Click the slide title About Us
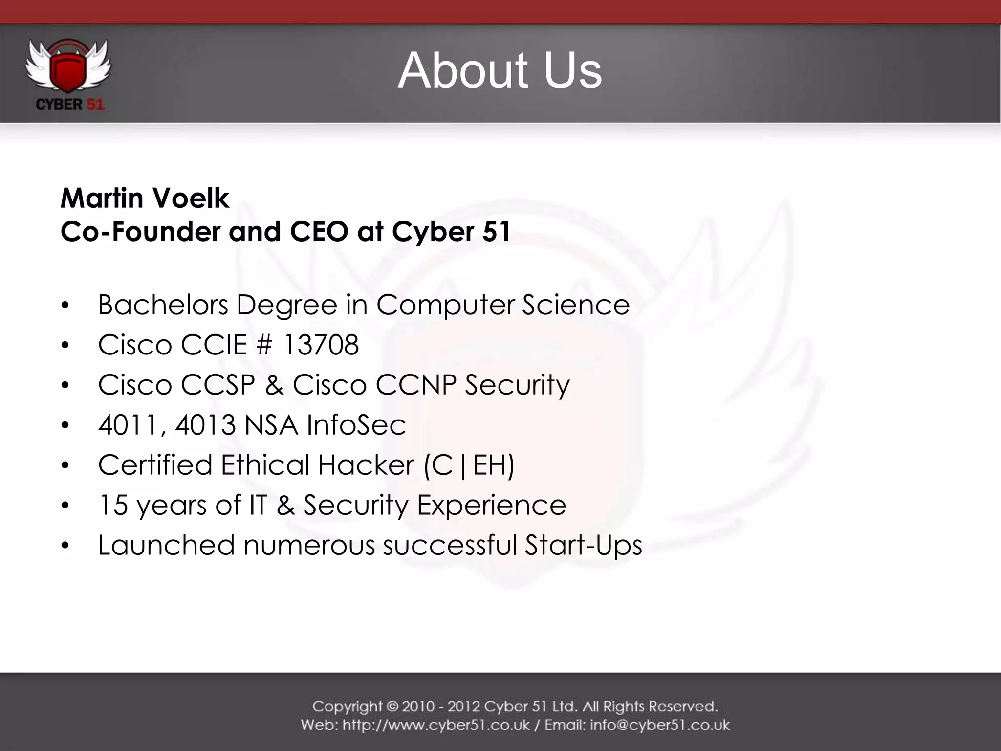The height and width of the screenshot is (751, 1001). pos(500,71)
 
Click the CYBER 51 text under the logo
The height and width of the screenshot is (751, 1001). pos(70,105)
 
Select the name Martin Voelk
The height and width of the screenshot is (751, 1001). pos(145,199)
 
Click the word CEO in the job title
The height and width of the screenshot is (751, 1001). pos(319,231)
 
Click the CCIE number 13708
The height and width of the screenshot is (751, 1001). pos(321,345)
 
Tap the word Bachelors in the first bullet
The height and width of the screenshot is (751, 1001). pos(163,305)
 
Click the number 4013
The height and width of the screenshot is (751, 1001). pos(205,425)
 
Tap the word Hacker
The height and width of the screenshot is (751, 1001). pos(366,465)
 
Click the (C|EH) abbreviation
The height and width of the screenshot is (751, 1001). pos(469,465)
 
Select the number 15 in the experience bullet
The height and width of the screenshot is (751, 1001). pos(113,505)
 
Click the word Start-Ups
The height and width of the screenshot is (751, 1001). pos(583,545)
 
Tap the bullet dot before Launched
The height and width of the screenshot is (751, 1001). pos(65,546)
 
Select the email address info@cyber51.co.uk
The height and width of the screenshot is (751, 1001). pos(660,725)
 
